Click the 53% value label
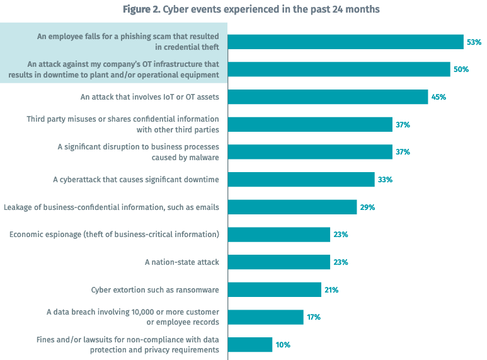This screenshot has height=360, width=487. point(474,42)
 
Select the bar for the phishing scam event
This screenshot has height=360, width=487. point(345,42)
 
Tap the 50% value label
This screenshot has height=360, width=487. point(461,69)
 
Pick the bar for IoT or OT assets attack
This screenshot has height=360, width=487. point(328,97)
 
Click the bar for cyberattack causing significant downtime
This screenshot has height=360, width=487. point(301,179)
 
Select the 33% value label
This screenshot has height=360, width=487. point(385,180)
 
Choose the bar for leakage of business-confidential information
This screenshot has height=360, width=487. point(292,207)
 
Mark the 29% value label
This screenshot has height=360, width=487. point(367,207)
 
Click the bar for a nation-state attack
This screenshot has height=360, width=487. point(278,262)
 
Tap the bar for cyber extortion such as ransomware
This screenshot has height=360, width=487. point(275,289)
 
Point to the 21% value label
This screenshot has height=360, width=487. point(331,290)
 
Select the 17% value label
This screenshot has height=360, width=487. point(314,317)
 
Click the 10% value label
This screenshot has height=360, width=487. point(283,345)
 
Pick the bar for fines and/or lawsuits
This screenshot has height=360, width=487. point(250,345)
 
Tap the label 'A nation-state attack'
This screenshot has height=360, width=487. point(181,262)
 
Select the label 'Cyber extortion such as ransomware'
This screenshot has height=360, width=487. point(155,289)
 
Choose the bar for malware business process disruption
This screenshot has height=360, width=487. point(310,152)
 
